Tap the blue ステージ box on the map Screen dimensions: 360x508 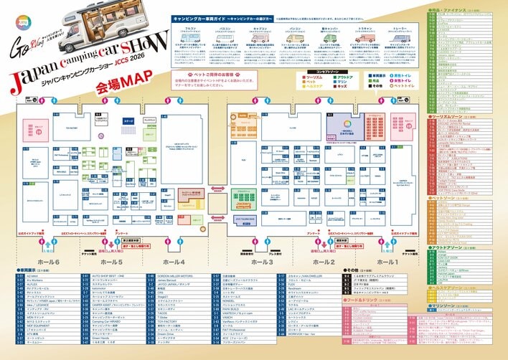coord(128,123)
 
